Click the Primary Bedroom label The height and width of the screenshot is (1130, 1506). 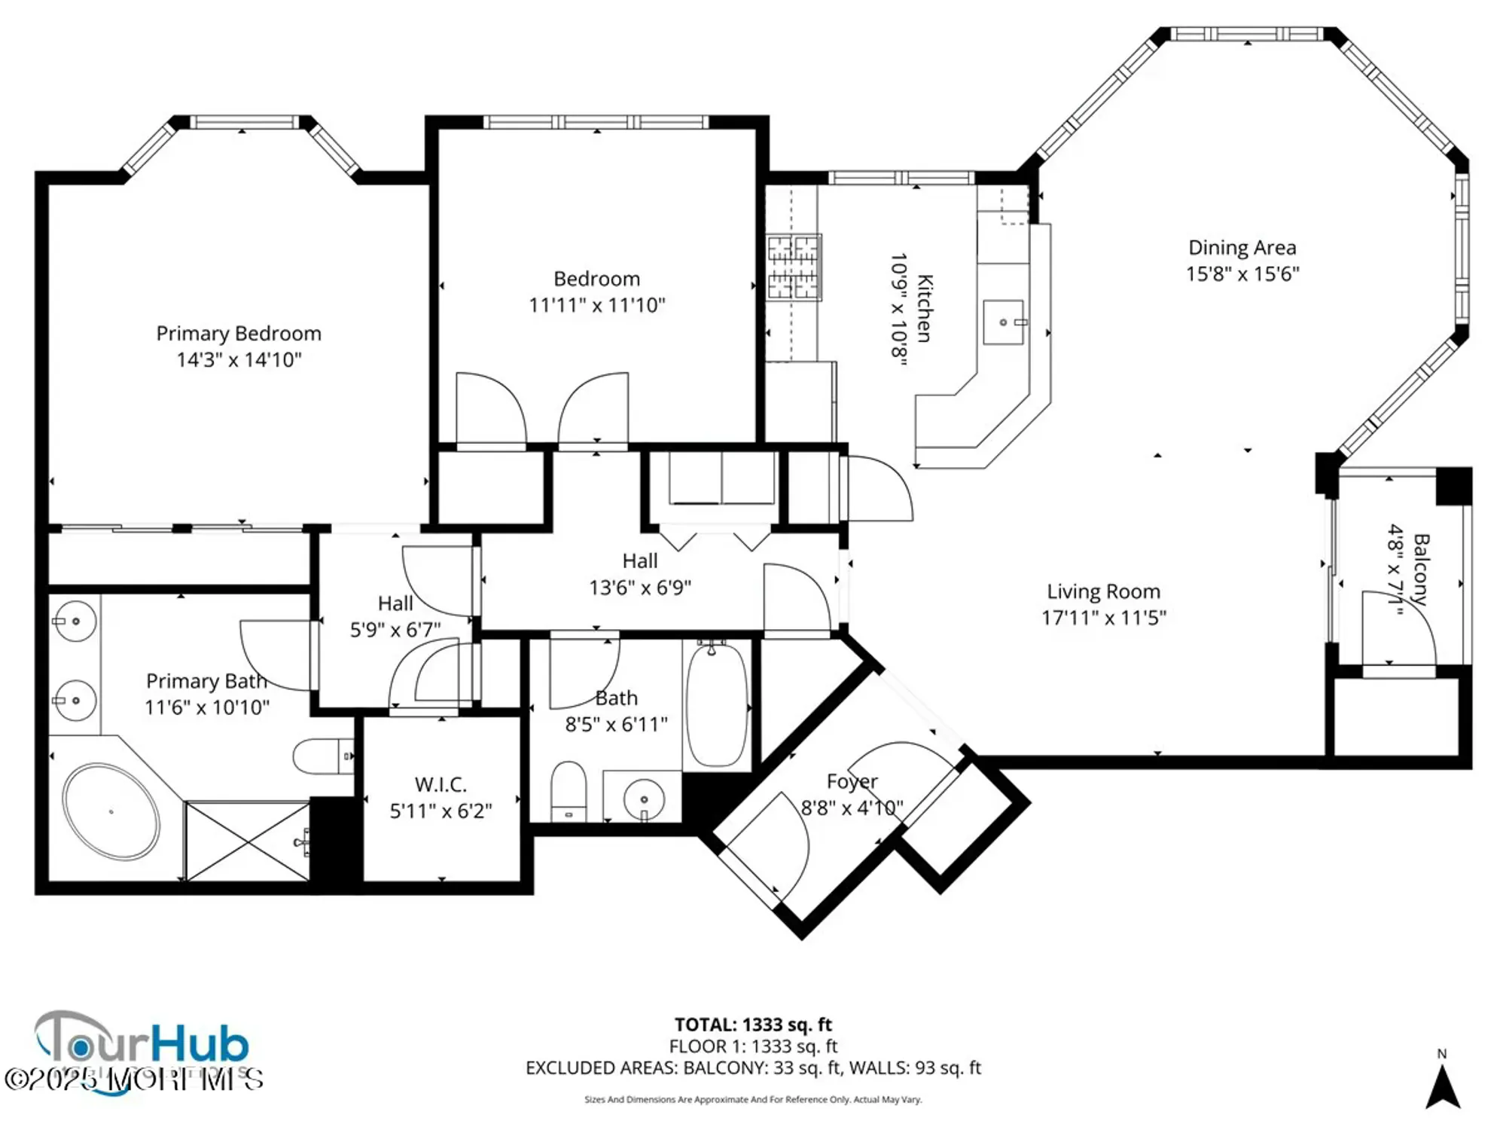[x=239, y=334]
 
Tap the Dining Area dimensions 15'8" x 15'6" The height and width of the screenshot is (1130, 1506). [x=1242, y=274]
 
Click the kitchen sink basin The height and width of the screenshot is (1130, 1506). [x=1003, y=322]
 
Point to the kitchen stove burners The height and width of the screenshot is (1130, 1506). [x=793, y=267]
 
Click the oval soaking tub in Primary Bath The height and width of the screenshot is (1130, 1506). [x=111, y=811]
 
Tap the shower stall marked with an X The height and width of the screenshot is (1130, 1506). [x=247, y=841]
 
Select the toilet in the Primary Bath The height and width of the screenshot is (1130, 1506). [x=321, y=756]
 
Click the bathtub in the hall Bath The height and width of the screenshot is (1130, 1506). [x=717, y=704]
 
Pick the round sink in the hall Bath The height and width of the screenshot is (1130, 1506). [x=643, y=799]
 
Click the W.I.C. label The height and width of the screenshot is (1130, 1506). [x=441, y=784]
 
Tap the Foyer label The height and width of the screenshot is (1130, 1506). [x=852, y=782]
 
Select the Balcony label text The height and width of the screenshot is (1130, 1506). [x=1420, y=570]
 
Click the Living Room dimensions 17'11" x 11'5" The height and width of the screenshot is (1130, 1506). [x=1103, y=618]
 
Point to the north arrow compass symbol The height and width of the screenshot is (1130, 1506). [x=1443, y=1087]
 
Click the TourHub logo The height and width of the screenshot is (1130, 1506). [x=142, y=1046]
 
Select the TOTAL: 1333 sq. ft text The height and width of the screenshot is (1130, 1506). [x=753, y=1025]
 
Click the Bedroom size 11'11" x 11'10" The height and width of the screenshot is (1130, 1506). [x=596, y=305]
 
